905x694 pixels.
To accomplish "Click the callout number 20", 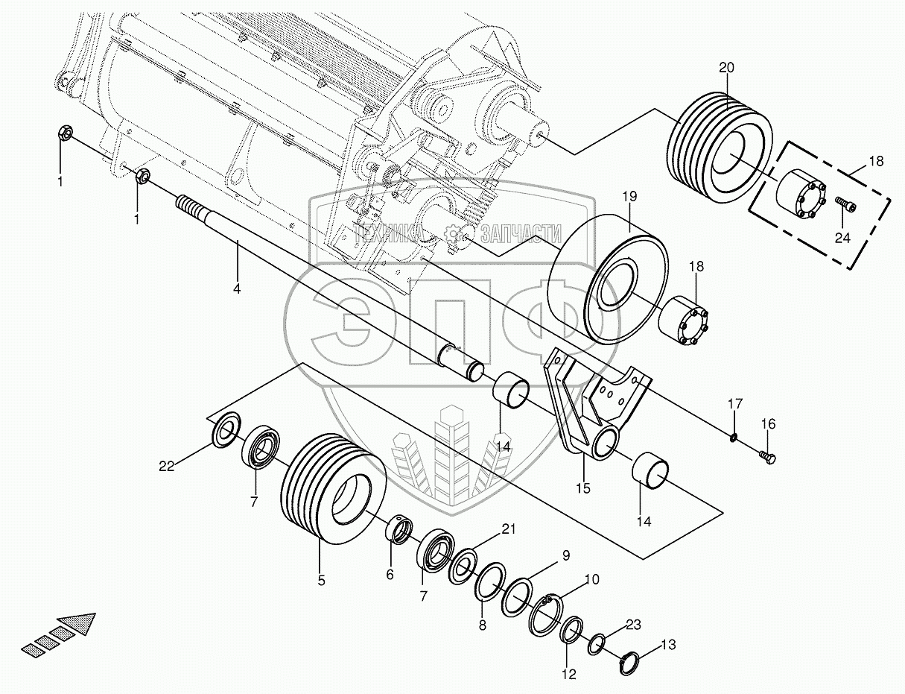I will point(726,68).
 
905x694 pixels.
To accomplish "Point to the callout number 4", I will point(237,288).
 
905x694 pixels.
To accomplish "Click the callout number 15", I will point(582,489).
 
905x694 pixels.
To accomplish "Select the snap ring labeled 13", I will point(631,663).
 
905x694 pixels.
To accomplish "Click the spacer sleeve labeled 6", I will point(399,530).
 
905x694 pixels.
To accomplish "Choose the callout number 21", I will point(508,529).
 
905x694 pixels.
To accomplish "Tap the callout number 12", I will point(569,675).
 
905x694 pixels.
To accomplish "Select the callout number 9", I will point(565,555).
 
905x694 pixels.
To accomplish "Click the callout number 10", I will point(591,578).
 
